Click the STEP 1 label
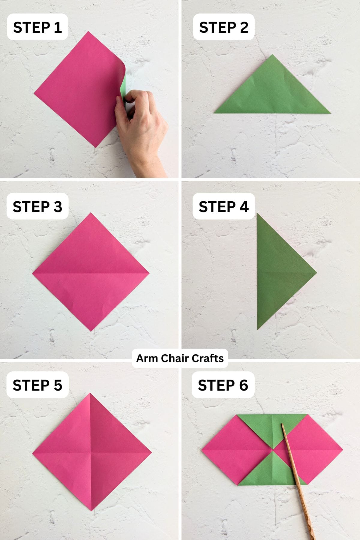point(37,27)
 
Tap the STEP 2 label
point(223,27)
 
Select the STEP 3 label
point(37,207)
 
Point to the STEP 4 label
point(223,207)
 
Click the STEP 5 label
point(37,385)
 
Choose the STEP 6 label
point(223,385)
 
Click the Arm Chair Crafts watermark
point(180,358)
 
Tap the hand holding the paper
point(141,123)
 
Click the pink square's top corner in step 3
point(91,214)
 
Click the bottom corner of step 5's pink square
point(91,509)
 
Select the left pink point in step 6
point(204,450)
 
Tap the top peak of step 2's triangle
point(272,56)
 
